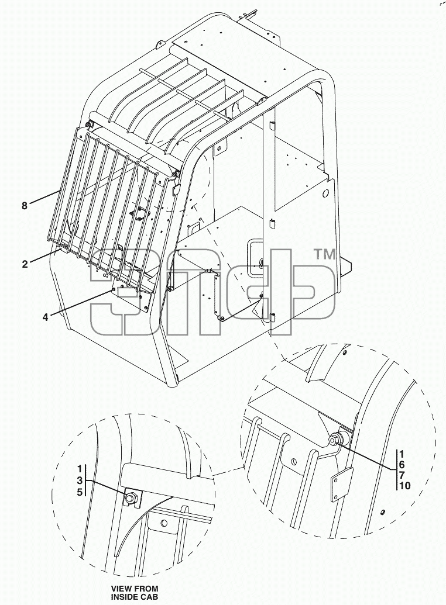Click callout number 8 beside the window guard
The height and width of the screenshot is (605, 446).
pyautogui.click(x=25, y=206)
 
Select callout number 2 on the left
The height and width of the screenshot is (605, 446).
pyautogui.click(x=25, y=264)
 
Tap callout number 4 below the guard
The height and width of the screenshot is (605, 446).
pyautogui.click(x=45, y=317)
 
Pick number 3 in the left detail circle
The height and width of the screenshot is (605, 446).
pyautogui.click(x=80, y=480)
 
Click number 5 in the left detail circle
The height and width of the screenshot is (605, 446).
pyautogui.click(x=80, y=492)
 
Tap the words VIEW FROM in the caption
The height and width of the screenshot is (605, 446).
pyautogui.click(x=135, y=589)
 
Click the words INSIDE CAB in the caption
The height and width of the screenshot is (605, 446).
pyautogui.click(x=135, y=597)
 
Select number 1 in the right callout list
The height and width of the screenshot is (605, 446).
pyautogui.click(x=402, y=454)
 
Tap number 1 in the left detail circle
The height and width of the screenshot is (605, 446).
pyautogui.click(x=80, y=469)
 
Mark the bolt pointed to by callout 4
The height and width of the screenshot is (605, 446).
pyautogui.click(x=113, y=289)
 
